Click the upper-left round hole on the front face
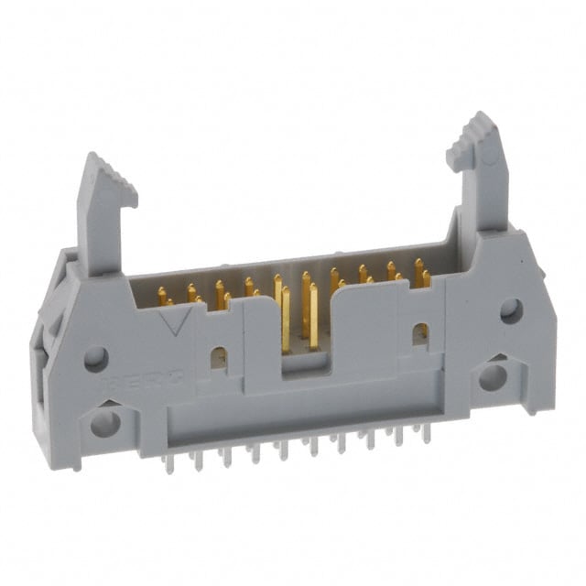point(96,359)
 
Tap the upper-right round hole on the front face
point(511,310)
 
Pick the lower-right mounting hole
point(493,375)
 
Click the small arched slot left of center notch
point(219,356)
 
